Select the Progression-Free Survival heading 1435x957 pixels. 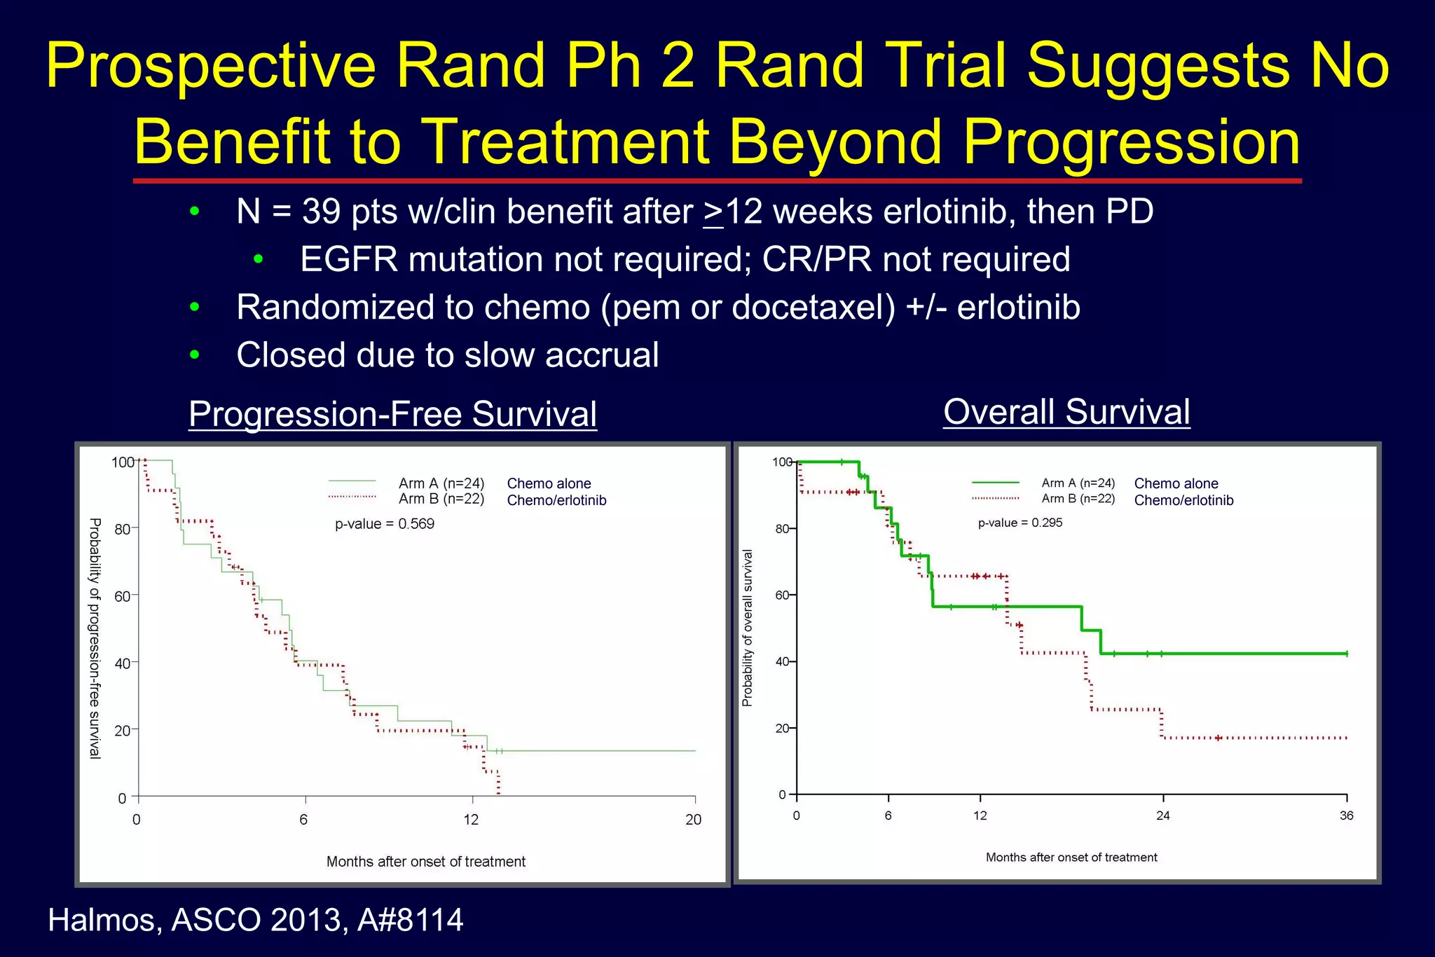(392, 413)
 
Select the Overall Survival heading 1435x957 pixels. (1066, 411)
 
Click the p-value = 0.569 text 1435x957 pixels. (384, 524)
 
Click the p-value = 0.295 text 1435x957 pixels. (1019, 523)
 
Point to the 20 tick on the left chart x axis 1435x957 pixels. (693, 819)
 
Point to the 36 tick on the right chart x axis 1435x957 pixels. (1346, 815)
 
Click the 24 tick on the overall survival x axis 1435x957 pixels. (1162, 815)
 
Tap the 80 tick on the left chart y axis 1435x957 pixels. (123, 529)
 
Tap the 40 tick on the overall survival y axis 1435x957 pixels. (782, 661)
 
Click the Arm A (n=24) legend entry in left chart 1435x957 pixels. (441, 483)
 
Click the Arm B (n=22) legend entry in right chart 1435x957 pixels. (1078, 499)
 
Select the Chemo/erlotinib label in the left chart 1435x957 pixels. (556, 500)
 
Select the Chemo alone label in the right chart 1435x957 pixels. (1176, 483)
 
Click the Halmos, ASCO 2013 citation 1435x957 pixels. (255, 920)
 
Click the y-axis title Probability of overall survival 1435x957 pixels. (748, 628)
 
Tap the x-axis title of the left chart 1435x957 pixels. (425, 862)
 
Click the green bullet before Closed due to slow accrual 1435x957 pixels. (195, 355)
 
